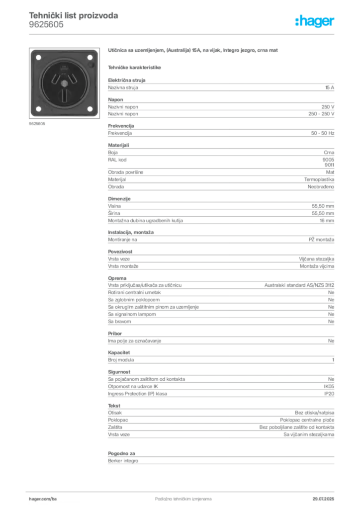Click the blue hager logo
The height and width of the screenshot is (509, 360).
pos(315,21)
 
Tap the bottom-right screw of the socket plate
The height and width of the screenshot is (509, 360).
pos(90,109)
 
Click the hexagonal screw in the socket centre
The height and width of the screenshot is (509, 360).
pos(64,83)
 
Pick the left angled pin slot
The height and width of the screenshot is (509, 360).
pos(55,78)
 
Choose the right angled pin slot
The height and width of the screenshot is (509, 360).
pos(72,78)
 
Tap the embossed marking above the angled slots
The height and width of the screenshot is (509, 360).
pos(64,68)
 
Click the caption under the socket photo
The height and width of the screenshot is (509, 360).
pos(37,124)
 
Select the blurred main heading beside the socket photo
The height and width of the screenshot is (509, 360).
pos(192,51)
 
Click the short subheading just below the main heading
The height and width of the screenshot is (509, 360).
pos(135,67)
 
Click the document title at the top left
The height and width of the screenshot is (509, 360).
pos(74,15)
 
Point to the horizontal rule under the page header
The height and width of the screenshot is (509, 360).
pos(183,34)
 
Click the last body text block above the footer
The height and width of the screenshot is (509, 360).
pos(220,457)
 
